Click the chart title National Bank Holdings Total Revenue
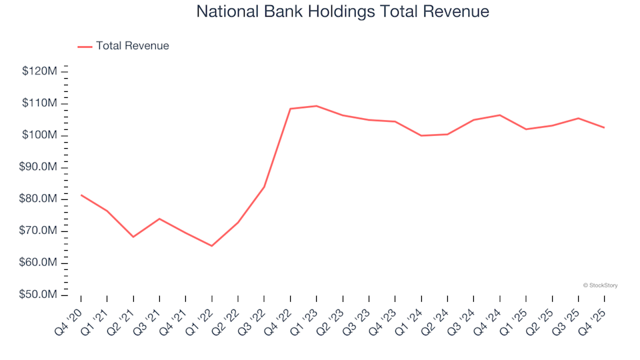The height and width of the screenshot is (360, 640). point(343,12)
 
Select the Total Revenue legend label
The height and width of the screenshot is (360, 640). point(132,46)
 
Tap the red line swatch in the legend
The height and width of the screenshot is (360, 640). point(85,47)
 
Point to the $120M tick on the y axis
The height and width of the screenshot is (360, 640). point(39,71)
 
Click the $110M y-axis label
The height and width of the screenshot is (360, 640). point(39,103)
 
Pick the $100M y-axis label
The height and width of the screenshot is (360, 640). point(39,135)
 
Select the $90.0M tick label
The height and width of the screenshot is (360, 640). point(39,167)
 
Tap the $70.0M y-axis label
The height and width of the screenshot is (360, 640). point(39,231)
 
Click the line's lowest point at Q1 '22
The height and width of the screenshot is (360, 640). point(212,246)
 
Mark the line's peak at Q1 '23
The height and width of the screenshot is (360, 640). point(317,106)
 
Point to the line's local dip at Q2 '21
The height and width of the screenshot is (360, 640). point(133,237)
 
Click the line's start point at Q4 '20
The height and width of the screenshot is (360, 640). point(81,195)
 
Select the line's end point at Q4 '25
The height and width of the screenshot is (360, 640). point(604,127)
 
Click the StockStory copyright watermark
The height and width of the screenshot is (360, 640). point(600,285)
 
